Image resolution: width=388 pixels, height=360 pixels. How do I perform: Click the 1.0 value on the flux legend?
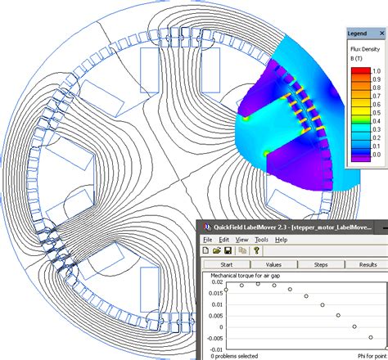tap(376, 71)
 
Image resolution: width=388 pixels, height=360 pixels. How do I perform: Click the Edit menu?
tap(223, 240)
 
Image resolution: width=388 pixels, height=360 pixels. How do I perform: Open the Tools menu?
tap(261, 240)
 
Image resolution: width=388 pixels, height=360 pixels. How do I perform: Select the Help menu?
tap(281, 240)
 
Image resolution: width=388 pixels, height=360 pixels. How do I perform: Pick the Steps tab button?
tap(321, 264)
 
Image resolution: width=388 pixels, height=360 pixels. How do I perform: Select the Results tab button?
tap(368, 264)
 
